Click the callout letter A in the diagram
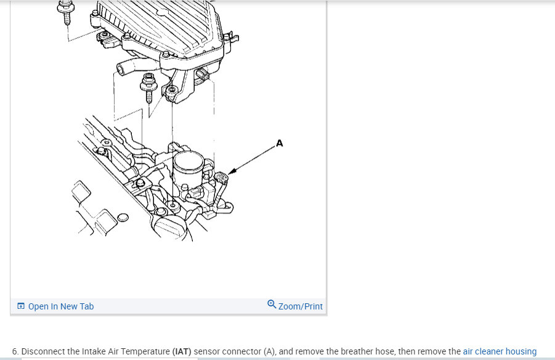point(279,144)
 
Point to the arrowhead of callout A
point(230,172)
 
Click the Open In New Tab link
point(61,306)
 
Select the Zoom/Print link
point(300,306)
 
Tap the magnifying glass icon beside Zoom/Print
point(272,304)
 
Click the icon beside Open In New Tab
point(21,306)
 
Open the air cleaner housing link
point(500,351)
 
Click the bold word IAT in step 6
point(182,351)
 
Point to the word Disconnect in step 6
point(44,351)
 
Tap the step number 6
point(15,351)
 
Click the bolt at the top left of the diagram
point(66,13)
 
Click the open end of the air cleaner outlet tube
point(121,68)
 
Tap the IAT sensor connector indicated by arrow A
point(221,177)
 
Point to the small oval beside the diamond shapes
point(123,218)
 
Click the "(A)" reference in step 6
point(269,351)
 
